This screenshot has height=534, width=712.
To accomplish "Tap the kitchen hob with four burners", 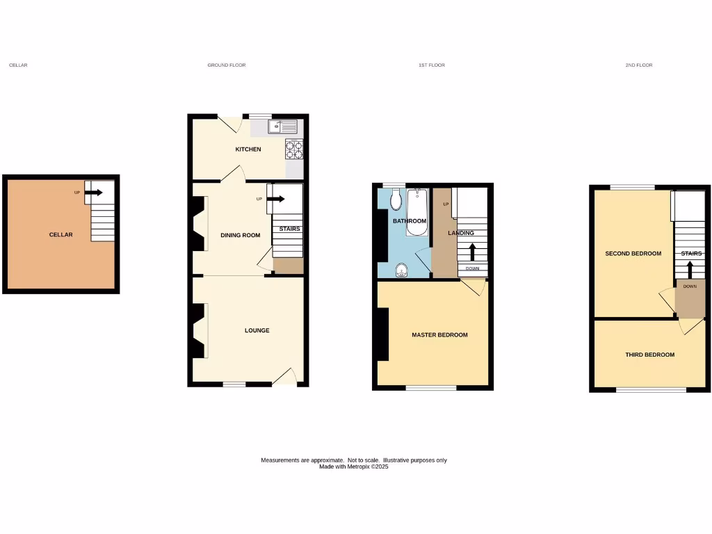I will click(x=294, y=149).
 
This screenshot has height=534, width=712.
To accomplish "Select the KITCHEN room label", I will click(x=248, y=149).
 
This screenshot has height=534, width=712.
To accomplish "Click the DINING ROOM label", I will click(x=241, y=235).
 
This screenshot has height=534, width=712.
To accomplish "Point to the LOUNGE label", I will click(x=257, y=330).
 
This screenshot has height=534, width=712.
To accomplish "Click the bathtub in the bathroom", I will click(x=417, y=212).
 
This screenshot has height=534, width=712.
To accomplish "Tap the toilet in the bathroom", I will click(x=396, y=200).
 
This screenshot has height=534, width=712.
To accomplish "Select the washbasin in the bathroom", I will click(x=400, y=270).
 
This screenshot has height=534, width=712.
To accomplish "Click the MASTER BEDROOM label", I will click(x=439, y=335).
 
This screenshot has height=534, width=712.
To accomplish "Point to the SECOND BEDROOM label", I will click(x=633, y=254).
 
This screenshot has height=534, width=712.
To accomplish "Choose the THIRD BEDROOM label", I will click(x=649, y=355).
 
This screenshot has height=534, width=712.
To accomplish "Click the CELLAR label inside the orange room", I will click(x=60, y=235).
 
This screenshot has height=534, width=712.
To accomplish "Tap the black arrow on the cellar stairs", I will click(x=93, y=192).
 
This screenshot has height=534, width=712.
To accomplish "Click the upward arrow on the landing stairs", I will click(x=472, y=250).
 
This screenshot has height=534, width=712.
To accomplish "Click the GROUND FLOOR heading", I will click(x=227, y=65).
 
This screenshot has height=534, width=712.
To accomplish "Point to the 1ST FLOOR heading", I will click(x=431, y=65).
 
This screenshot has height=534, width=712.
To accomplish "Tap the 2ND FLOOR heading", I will click(x=638, y=65).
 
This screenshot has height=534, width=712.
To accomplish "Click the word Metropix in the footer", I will click(x=359, y=467).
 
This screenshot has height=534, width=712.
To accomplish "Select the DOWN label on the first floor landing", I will click(x=472, y=268).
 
